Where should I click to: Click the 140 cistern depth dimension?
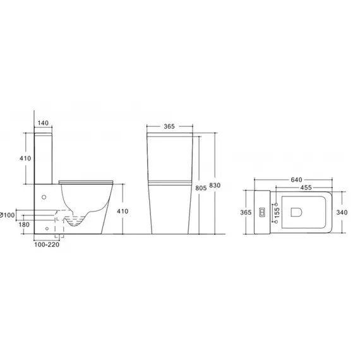pyautogui.click(x=43, y=123)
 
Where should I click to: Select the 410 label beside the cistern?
pyautogui.click(x=25, y=158)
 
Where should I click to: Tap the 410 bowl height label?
pyautogui.click(x=123, y=211)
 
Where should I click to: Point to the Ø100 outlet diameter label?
pyautogui.click(x=8, y=215)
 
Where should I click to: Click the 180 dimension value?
pyautogui.click(x=24, y=225)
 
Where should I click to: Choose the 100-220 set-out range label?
pyautogui.click(x=47, y=245)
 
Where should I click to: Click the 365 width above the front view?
pyautogui.click(x=169, y=126)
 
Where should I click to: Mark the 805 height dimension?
pyautogui.click(x=201, y=188)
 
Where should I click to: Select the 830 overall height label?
pyautogui.click(x=215, y=185)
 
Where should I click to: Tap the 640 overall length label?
pyautogui.click(x=296, y=180)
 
